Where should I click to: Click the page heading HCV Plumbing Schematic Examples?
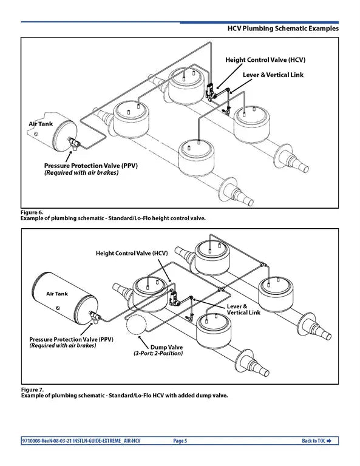[x=282, y=29]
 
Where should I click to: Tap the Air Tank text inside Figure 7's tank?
[x=58, y=293]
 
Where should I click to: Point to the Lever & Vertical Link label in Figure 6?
[x=273, y=75]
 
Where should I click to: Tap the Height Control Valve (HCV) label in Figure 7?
[x=131, y=252]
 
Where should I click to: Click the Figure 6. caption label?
[x=32, y=212]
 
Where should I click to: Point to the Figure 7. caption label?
[x=32, y=389]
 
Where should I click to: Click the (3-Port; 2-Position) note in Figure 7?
[x=158, y=353]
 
